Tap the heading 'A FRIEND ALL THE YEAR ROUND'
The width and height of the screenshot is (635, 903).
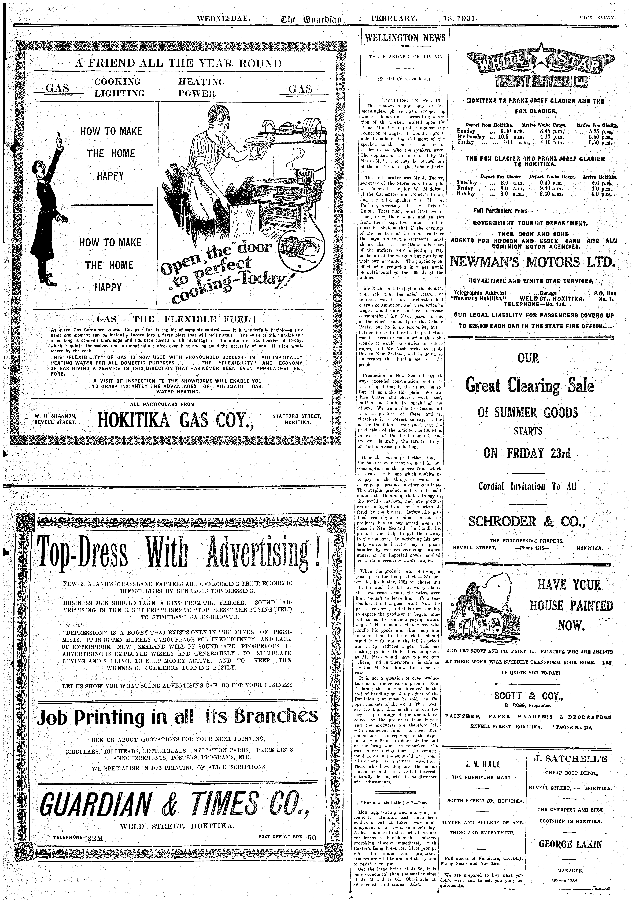178,64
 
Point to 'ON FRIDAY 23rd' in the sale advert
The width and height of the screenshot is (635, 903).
527,453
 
